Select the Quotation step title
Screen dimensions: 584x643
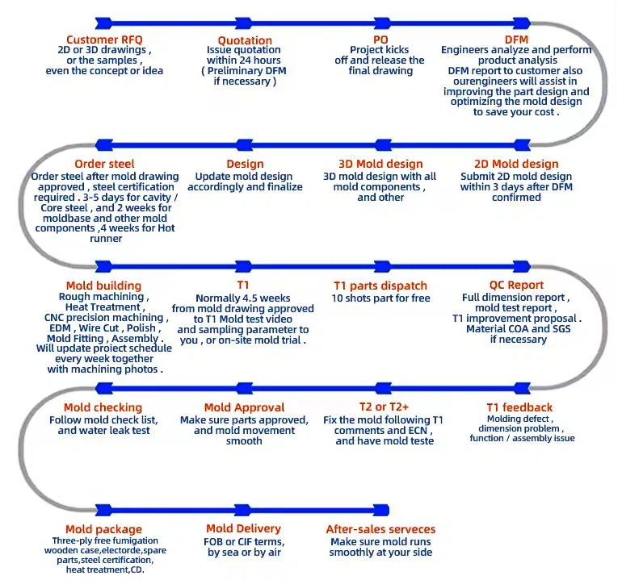(x=245, y=40)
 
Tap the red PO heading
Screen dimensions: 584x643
(x=380, y=39)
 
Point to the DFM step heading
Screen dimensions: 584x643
(x=517, y=39)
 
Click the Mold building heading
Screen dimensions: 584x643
(x=103, y=286)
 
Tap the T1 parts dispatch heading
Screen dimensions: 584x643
(x=380, y=286)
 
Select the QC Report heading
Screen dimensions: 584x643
(x=516, y=285)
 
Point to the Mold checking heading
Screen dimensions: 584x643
(x=103, y=407)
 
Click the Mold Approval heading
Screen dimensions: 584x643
(x=244, y=407)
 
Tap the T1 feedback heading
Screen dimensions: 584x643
(x=519, y=407)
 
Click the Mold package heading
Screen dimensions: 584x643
(x=102, y=530)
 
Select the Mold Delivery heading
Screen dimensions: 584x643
(x=243, y=530)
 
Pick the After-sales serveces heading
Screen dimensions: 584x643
(x=380, y=530)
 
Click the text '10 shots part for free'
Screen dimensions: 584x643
(x=380, y=298)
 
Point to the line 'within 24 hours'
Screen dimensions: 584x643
(x=244, y=60)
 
